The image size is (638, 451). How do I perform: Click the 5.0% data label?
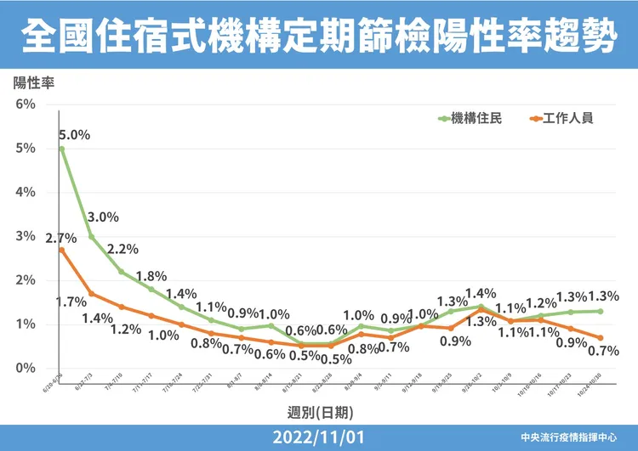click(75, 134)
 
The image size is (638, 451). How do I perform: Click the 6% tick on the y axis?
click(24, 104)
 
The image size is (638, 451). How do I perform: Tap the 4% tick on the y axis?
click(24, 193)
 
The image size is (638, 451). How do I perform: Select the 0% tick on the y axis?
click(24, 369)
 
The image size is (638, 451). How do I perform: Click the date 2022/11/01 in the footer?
click(319, 438)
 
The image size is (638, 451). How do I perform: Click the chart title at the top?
click(319, 36)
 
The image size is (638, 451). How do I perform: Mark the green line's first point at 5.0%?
click(62, 149)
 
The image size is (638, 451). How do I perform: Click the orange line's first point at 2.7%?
click(62, 250)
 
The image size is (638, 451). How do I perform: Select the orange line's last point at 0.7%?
click(601, 338)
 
